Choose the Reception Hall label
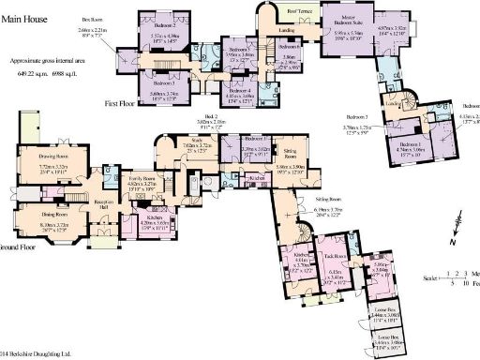click(x=103, y=202)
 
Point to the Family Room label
click(x=142, y=176)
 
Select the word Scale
click(x=429, y=279)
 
